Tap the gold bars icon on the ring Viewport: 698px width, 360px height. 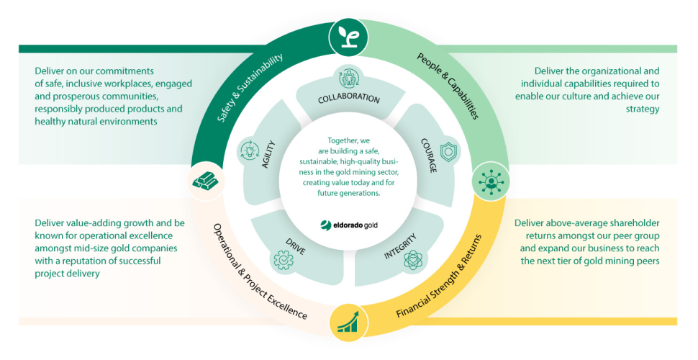(x=205, y=181)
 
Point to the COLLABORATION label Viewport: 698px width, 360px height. (x=349, y=99)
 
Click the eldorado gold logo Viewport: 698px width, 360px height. (x=349, y=224)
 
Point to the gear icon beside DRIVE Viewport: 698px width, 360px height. (x=280, y=259)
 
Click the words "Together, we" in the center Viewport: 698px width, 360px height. (x=349, y=140)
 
